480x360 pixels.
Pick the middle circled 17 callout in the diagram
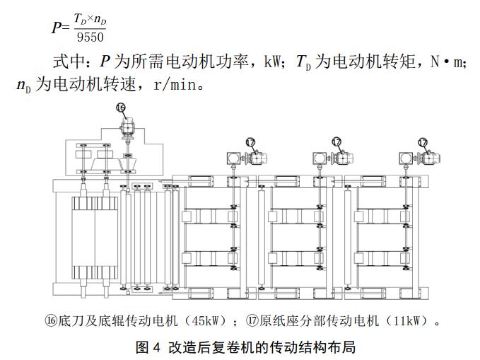point(336,141)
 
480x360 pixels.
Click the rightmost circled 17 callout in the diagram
point(423,141)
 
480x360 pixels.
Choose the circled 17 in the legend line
point(252,321)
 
